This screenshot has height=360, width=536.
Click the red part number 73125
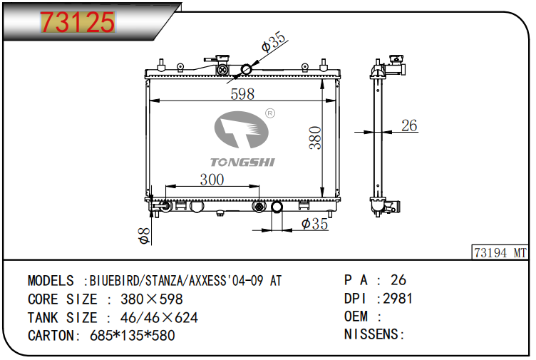78,22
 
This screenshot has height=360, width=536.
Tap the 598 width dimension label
242,94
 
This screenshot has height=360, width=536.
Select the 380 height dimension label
315,138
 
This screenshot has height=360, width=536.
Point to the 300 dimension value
212,180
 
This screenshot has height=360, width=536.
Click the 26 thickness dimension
409,125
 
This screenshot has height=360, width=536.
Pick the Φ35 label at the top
274,41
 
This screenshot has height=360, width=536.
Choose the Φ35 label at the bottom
314,224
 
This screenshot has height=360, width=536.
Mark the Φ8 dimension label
144,236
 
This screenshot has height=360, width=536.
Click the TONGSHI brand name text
242,162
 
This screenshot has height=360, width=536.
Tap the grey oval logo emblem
242,130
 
